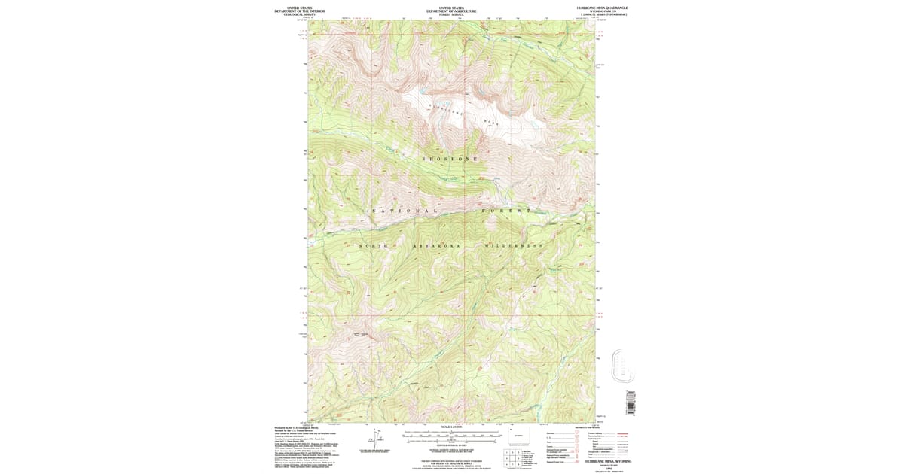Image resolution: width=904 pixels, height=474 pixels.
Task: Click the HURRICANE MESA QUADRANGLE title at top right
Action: point(601,8)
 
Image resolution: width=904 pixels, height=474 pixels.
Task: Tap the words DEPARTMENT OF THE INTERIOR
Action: point(299,11)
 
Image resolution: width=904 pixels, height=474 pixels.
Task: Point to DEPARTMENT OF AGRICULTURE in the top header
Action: point(451,11)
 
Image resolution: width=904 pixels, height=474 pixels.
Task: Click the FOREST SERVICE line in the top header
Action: point(451,14)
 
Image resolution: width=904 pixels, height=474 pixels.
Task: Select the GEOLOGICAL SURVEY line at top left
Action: point(299,14)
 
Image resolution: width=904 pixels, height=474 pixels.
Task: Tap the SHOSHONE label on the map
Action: point(450,159)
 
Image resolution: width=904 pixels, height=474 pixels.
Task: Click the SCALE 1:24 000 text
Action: point(451,428)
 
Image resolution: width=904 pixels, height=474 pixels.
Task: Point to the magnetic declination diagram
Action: point(377,438)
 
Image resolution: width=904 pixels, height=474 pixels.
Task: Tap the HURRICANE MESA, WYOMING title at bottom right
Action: point(601,458)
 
